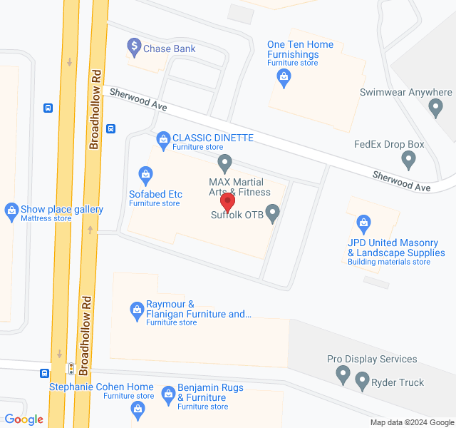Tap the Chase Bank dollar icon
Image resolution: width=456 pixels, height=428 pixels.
[133, 48]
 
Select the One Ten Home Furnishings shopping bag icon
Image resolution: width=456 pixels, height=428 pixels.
[285, 78]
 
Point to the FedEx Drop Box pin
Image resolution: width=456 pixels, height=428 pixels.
[408, 158]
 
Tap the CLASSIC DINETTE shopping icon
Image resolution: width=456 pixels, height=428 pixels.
[163, 137]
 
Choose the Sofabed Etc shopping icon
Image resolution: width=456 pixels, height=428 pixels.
[146, 173]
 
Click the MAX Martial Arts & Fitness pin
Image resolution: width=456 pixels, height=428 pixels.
[225, 163]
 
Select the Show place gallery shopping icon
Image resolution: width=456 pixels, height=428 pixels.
[11, 210]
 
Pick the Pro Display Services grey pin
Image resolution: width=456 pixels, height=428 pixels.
[343, 373]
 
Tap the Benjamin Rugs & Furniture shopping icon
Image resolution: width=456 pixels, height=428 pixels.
[168, 393]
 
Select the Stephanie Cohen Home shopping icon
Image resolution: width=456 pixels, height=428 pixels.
[138, 409]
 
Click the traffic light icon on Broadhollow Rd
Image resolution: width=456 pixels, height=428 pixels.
[71, 368]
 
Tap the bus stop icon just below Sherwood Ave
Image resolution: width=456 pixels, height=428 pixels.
[111, 128]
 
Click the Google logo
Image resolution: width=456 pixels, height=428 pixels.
[24, 419]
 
